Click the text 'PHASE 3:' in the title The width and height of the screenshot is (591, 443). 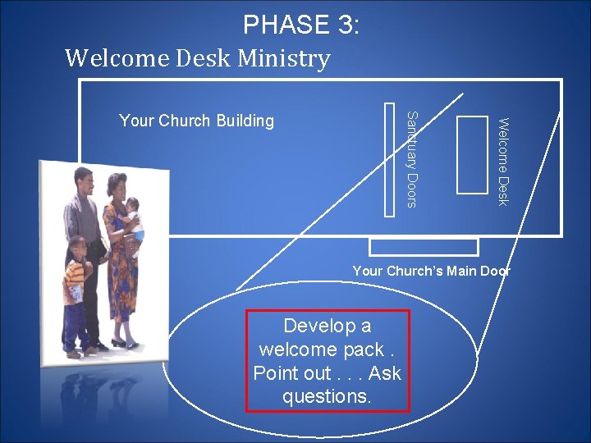300,25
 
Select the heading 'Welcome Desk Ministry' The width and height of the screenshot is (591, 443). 197,58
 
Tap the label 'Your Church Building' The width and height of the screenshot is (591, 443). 196,121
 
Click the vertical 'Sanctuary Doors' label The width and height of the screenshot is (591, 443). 413,158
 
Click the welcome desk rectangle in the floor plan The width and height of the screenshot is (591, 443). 471,155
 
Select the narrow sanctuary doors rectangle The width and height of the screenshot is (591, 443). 390,158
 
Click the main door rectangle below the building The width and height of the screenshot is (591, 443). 424,246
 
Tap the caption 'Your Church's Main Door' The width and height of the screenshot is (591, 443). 431,271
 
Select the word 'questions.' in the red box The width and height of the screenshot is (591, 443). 327,397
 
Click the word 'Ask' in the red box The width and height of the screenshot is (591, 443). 385,373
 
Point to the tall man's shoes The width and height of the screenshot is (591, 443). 95,348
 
